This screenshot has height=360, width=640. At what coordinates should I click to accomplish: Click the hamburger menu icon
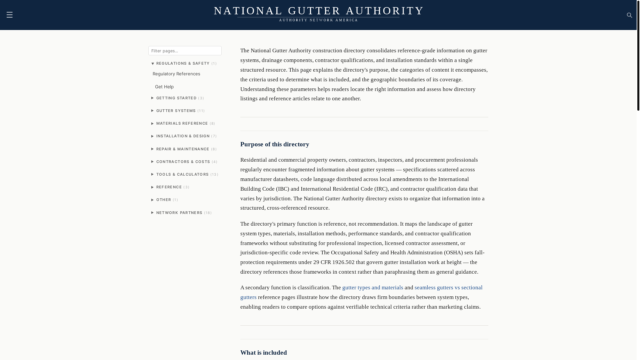tap(9, 15)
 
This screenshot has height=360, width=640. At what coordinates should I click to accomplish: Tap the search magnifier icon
tap(629, 15)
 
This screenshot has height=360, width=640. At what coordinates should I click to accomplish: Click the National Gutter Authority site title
tap(318, 11)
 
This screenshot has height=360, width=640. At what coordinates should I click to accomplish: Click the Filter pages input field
tap(185, 51)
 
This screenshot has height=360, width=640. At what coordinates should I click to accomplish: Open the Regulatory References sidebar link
tap(176, 74)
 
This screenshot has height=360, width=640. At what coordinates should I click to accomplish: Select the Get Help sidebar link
tap(164, 87)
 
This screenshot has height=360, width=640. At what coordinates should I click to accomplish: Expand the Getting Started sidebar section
tap(176, 98)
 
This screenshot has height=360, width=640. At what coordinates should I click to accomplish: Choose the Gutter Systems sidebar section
tap(176, 111)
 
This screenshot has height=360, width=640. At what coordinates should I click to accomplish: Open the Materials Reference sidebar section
tap(182, 123)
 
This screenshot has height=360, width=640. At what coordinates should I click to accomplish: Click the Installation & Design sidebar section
tap(183, 136)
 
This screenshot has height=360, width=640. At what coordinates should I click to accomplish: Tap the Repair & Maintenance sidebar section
tap(183, 149)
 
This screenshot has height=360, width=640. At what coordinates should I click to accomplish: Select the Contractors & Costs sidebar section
tap(183, 162)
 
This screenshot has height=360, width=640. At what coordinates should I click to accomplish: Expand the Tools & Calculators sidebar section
tap(182, 174)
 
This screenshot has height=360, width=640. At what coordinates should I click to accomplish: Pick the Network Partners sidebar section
tap(179, 213)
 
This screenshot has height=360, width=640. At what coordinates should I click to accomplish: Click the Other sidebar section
tap(164, 200)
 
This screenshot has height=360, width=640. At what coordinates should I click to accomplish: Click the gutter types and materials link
tap(373, 288)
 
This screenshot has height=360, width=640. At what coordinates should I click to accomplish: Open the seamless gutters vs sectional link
tap(448, 288)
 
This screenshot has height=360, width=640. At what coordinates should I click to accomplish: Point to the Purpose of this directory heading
tap(275, 144)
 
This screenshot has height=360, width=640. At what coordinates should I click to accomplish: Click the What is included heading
tap(263, 353)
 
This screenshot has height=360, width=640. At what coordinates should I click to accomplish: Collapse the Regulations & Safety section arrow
tap(153, 64)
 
